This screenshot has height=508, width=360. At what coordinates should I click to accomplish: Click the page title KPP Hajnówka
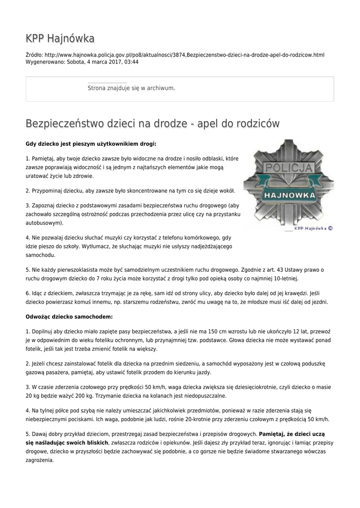[60, 38]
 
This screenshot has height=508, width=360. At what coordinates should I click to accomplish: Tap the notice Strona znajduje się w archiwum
[131, 88]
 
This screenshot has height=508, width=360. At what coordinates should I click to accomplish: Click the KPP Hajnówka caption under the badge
[313, 229]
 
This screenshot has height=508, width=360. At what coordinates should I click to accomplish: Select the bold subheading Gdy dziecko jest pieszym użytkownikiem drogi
[91, 144]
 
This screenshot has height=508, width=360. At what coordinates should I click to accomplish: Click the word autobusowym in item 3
[43, 223]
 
